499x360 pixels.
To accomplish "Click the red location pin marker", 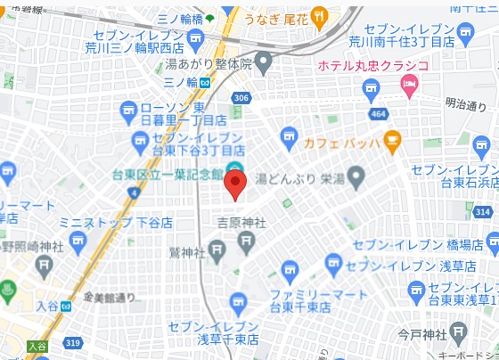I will (234, 184).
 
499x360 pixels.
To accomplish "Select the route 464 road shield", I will (378, 113).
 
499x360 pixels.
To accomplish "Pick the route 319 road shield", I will (73, 341).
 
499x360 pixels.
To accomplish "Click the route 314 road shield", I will (482, 211).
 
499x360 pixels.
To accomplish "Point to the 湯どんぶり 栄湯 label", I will (299, 178).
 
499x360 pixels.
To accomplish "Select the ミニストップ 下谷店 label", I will (116, 223).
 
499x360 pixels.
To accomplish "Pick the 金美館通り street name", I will (110, 297).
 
